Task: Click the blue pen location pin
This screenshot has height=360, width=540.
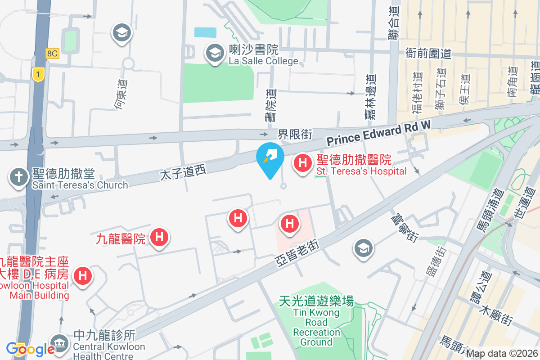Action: [x=270, y=157]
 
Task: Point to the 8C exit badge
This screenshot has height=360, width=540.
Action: [x=52, y=54]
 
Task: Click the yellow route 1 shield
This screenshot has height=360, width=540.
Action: [x=39, y=74]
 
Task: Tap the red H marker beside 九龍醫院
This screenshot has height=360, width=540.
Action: [x=158, y=237]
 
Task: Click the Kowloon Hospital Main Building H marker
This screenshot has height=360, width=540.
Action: [x=83, y=275]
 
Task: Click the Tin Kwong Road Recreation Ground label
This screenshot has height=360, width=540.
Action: [x=316, y=320]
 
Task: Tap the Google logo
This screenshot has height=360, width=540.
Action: [x=30, y=349]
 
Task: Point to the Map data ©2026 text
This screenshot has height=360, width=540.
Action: [x=502, y=353]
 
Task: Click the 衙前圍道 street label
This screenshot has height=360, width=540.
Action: [x=428, y=54]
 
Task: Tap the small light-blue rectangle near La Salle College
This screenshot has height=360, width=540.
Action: [x=205, y=32]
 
